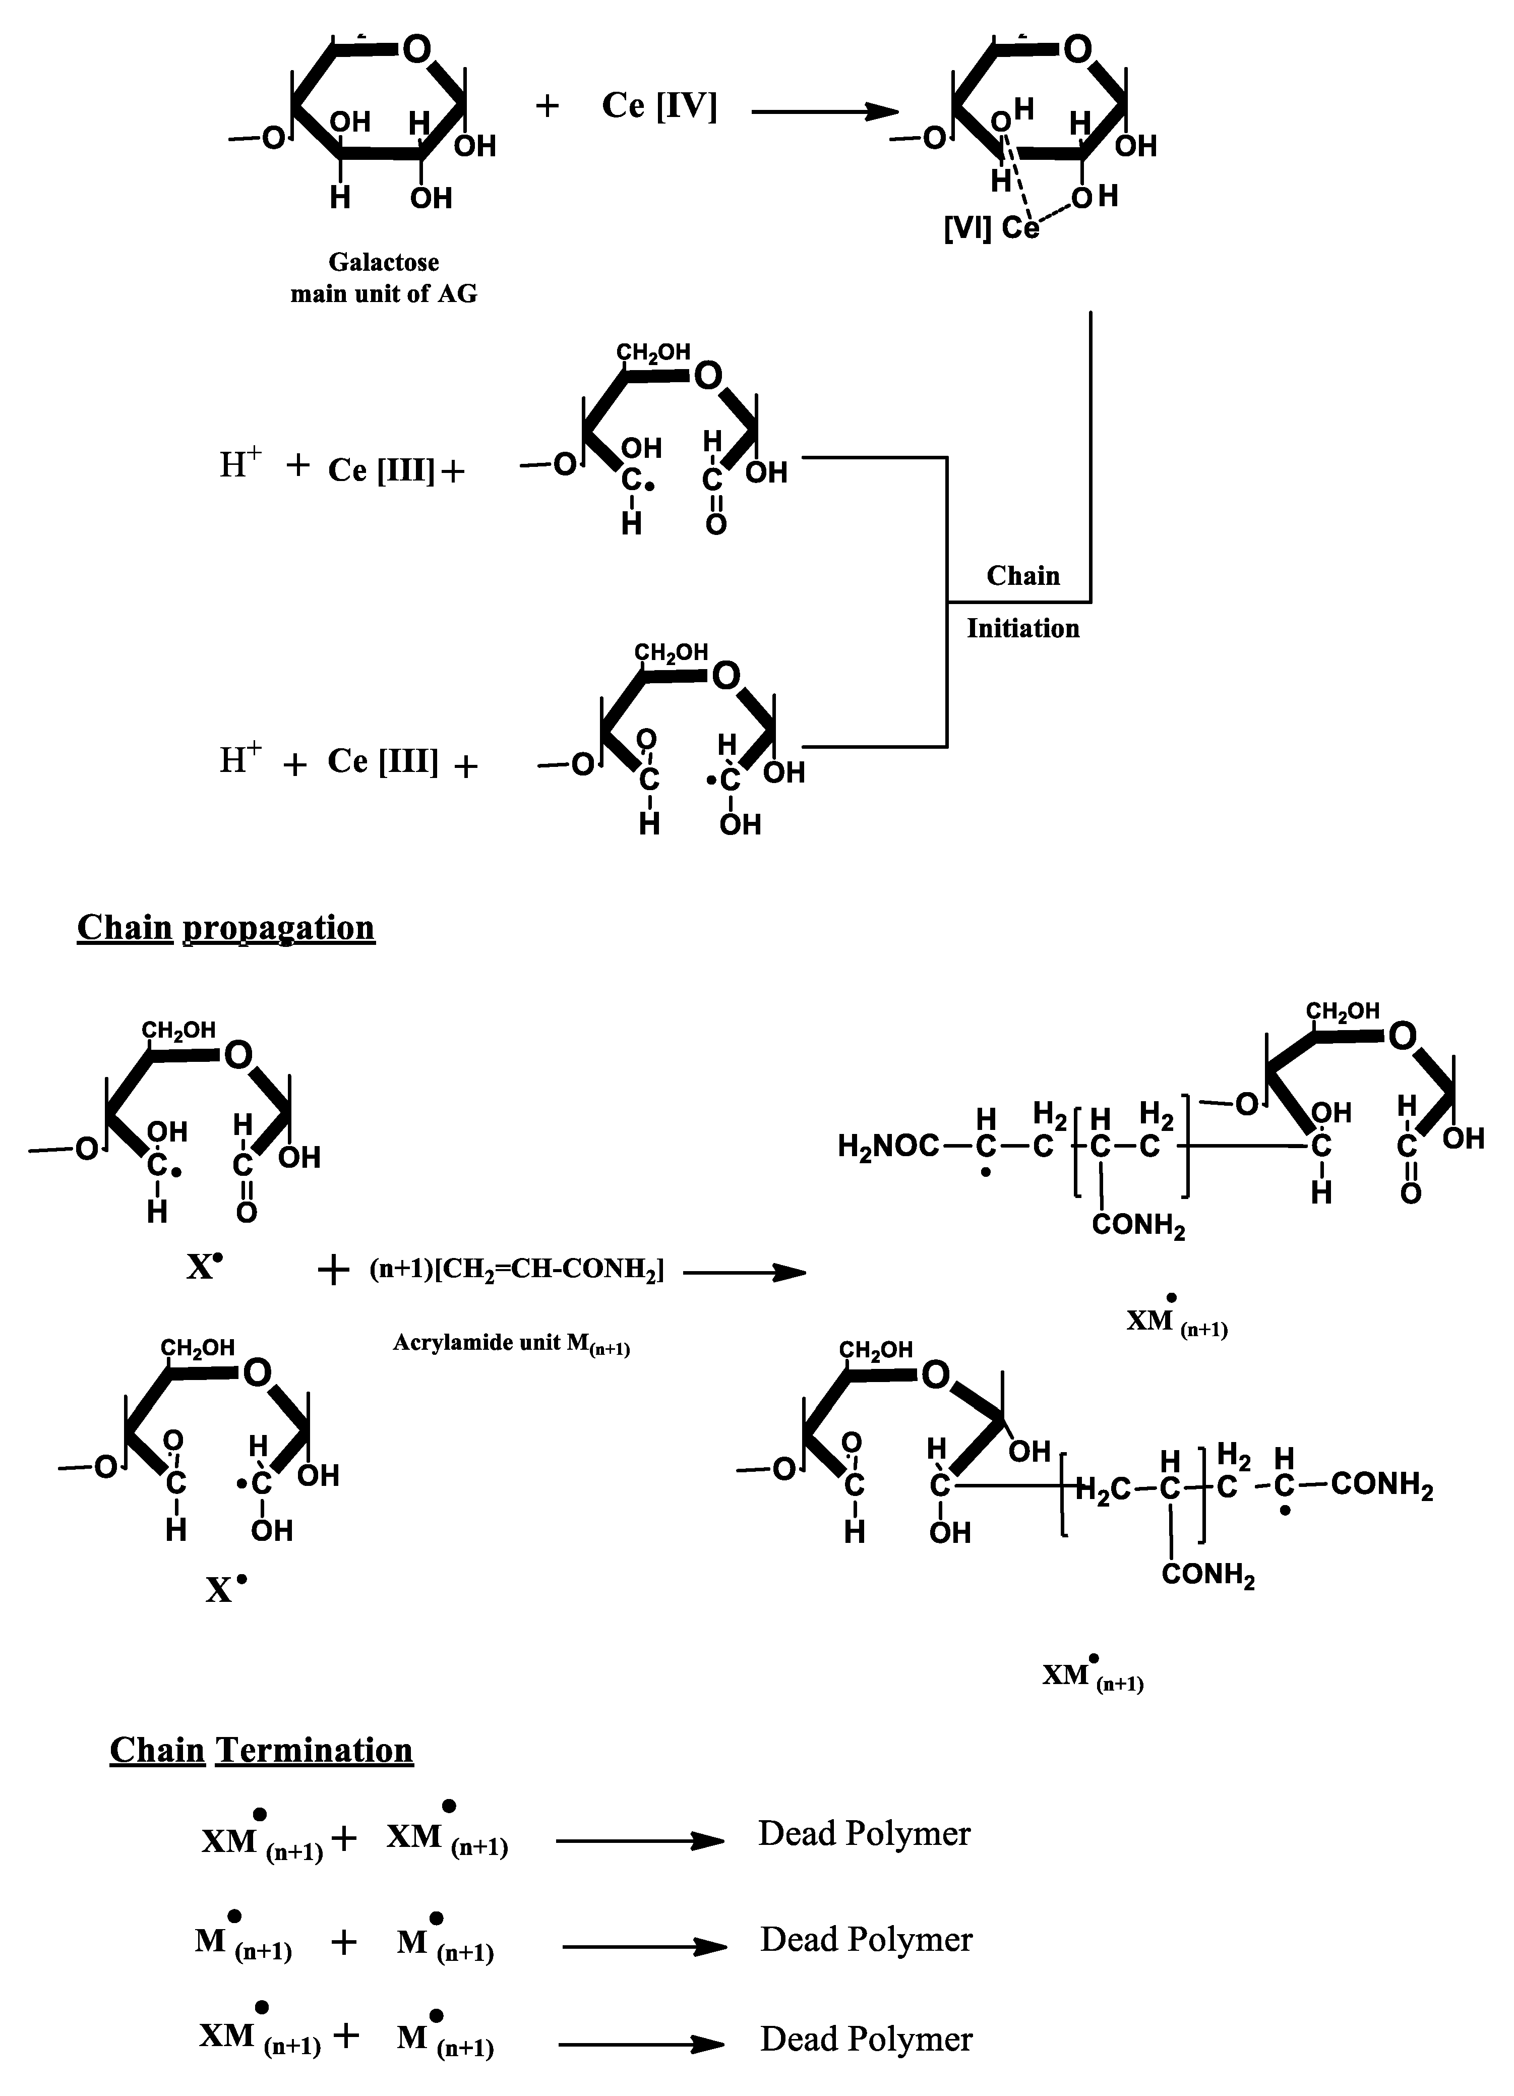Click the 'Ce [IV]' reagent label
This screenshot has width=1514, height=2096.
pyautogui.click(x=659, y=106)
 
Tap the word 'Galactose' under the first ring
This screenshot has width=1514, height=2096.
pyautogui.click(x=384, y=263)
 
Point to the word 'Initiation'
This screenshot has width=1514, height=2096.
pyautogui.click(x=1023, y=628)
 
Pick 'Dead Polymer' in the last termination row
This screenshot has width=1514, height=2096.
pyautogui.click(x=866, y=2040)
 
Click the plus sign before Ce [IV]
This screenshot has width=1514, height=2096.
pyautogui.click(x=547, y=106)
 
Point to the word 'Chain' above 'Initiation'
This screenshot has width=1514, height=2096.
pyautogui.click(x=1023, y=576)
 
